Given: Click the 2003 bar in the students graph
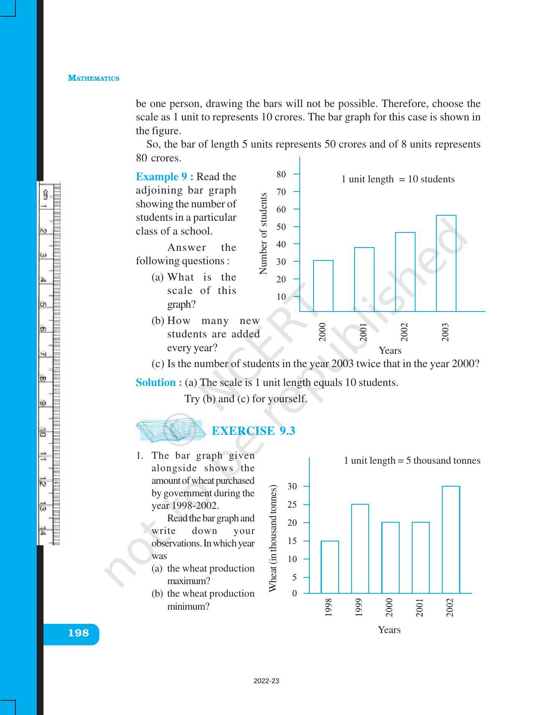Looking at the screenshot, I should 446,263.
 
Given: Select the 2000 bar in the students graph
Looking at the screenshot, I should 323,286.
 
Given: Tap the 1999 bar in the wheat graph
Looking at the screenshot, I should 360,549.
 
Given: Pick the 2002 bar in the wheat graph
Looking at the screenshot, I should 451,539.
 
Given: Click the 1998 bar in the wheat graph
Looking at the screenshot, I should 330,567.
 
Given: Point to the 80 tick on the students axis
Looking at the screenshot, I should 281,174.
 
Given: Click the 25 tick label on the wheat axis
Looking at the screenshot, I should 292,505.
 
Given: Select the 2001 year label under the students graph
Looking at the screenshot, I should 363,332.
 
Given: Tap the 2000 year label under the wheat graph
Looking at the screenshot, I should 389,608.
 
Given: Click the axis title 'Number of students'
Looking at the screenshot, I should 263,233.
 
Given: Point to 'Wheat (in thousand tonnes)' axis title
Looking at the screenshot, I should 273,539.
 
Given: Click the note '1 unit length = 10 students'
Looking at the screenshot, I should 398,179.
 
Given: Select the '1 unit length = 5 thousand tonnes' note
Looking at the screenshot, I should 412,461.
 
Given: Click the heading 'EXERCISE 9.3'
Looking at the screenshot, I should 253,431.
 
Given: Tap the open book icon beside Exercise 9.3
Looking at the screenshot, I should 171,431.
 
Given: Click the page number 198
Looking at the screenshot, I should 79,633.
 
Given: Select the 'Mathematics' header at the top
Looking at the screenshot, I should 94,78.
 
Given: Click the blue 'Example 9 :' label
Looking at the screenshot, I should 164,177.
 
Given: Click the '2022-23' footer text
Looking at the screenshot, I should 266,681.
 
